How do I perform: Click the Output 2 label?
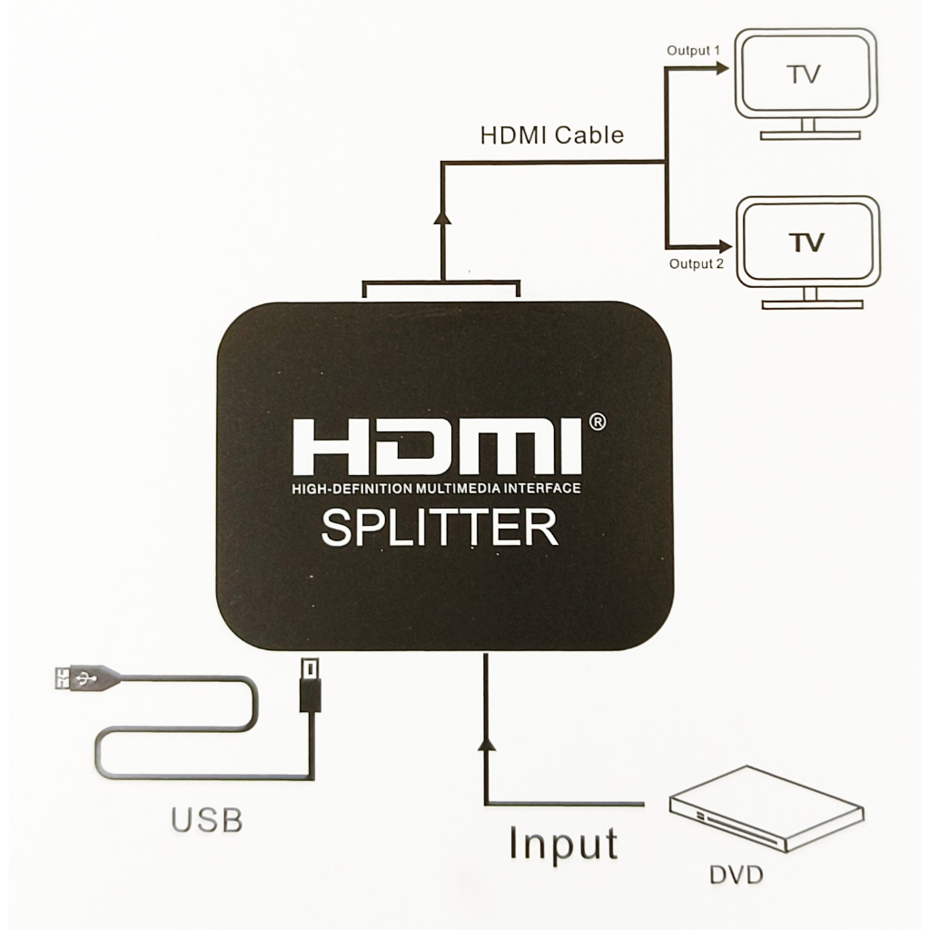coord(696,264)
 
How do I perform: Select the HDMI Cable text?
coord(551,135)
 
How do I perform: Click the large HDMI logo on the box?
coord(436,447)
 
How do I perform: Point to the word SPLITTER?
coord(440,529)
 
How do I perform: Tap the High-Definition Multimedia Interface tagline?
coord(436,490)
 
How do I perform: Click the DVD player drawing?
coord(766,807)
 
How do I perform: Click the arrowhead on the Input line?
coord(488,745)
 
